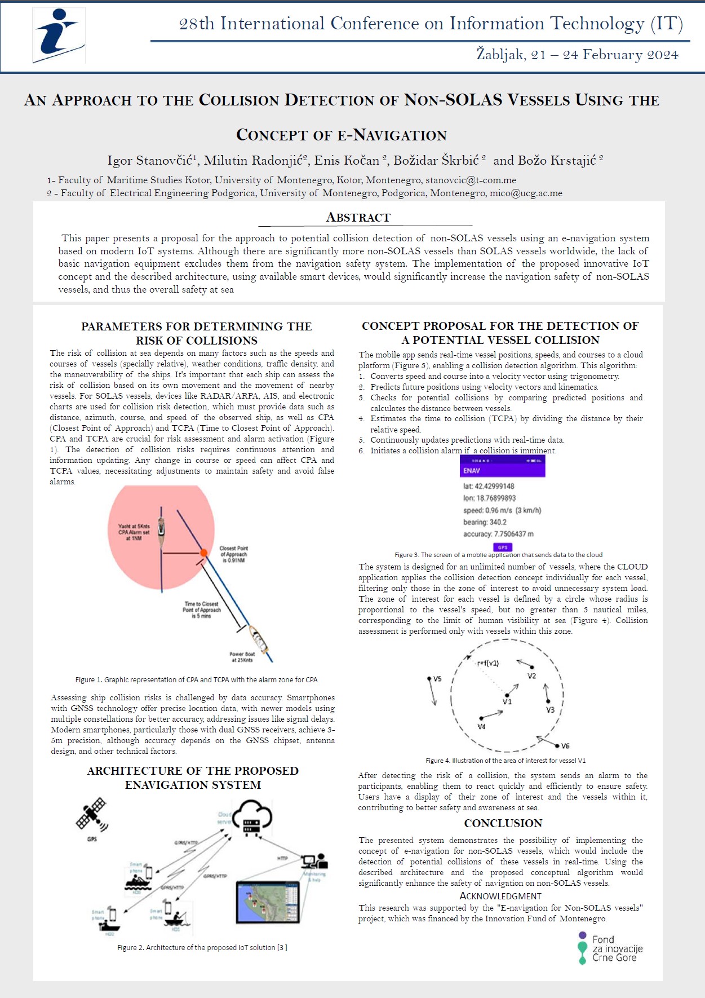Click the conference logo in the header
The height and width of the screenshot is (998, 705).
(59, 36)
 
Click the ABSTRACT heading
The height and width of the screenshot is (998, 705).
(358, 218)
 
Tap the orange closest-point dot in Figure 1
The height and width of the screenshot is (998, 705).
(204, 553)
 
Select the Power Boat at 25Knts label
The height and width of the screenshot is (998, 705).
(242, 657)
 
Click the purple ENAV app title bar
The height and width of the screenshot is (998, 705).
(502, 470)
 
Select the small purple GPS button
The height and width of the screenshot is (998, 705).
(503, 547)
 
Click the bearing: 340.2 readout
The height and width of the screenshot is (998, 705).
(485, 522)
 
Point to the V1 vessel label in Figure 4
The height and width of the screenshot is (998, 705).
(507, 701)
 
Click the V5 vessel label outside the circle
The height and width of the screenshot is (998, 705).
(437, 679)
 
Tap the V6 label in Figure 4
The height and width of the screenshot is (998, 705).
(565, 745)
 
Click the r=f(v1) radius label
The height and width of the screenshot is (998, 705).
(488, 663)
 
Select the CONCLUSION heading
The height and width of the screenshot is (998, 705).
(503, 823)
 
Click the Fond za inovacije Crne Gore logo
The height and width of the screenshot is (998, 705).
(610, 948)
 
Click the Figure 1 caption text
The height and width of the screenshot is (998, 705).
(196, 680)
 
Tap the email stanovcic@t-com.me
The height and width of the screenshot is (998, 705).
(471, 180)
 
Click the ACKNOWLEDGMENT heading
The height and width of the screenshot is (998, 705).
(500, 896)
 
